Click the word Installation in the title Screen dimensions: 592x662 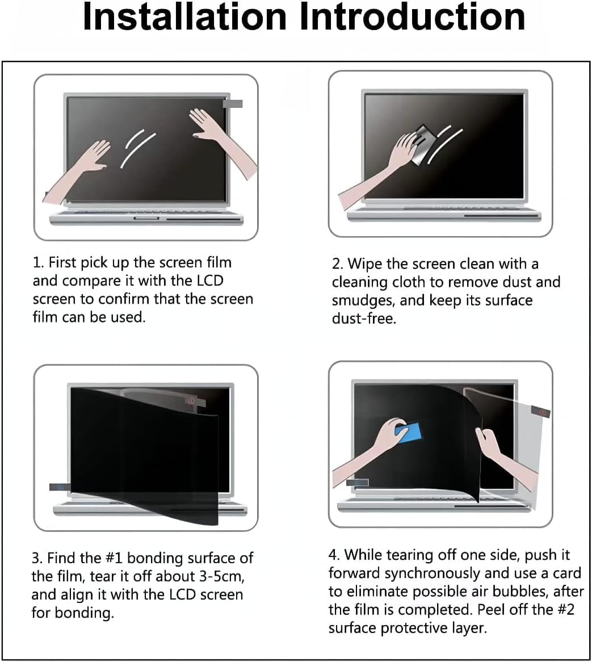pos(185,17)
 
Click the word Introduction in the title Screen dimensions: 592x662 pos(412,17)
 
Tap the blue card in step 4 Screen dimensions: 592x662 pos(409,434)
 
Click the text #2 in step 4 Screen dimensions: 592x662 pos(565,609)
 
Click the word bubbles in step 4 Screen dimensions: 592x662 pos(523,591)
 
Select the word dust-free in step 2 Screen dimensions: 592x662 pos(364,319)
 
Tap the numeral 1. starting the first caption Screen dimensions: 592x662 pos(39,263)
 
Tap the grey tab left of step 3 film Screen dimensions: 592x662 pos(60,487)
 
